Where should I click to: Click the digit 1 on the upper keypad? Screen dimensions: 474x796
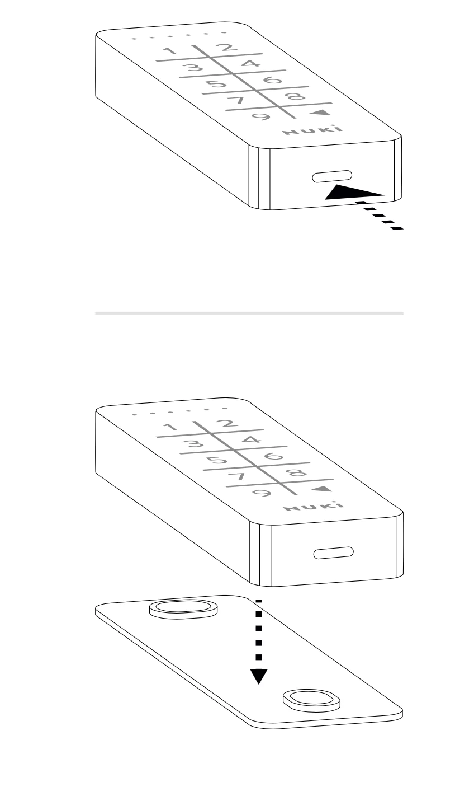point(171,51)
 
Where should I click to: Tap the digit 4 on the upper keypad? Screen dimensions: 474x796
point(251,64)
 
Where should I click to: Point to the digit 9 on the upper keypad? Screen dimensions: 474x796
point(261,116)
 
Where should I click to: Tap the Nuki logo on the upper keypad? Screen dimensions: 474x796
point(313,130)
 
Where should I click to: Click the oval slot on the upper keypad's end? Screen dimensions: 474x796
point(332,176)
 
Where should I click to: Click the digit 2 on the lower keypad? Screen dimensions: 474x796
point(228,424)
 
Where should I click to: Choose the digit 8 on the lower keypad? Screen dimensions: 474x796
point(297,472)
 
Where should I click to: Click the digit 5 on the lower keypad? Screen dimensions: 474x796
point(217,460)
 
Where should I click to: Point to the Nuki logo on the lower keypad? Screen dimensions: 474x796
point(314,507)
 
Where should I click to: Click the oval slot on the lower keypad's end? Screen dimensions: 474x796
point(334,552)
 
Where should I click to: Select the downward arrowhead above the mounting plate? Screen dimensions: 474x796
point(259,676)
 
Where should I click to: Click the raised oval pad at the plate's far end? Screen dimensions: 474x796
point(183,610)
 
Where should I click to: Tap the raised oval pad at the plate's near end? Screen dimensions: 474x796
point(311,701)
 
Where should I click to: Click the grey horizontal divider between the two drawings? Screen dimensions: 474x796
point(249,314)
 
